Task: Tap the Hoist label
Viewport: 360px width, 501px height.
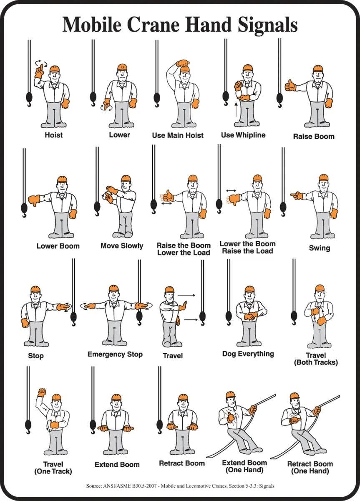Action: [x=54, y=135]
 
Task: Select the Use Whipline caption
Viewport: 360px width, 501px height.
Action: [x=243, y=135]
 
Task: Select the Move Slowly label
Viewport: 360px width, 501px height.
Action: [x=122, y=245]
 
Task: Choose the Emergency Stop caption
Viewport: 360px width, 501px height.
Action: [x=115, y=354]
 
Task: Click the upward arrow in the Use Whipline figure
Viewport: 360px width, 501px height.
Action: [x=236, y=109]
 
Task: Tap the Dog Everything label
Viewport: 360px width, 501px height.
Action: [x=248, y=354]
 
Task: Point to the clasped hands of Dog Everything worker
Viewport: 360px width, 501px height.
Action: [x=251, y=316]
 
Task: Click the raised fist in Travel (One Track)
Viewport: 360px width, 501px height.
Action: [x=41, y=392]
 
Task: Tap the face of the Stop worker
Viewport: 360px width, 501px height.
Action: [x=35, y=296]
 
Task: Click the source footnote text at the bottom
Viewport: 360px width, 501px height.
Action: [x=180, y=486]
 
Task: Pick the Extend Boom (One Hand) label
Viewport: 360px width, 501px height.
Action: [x=244, y=466]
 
